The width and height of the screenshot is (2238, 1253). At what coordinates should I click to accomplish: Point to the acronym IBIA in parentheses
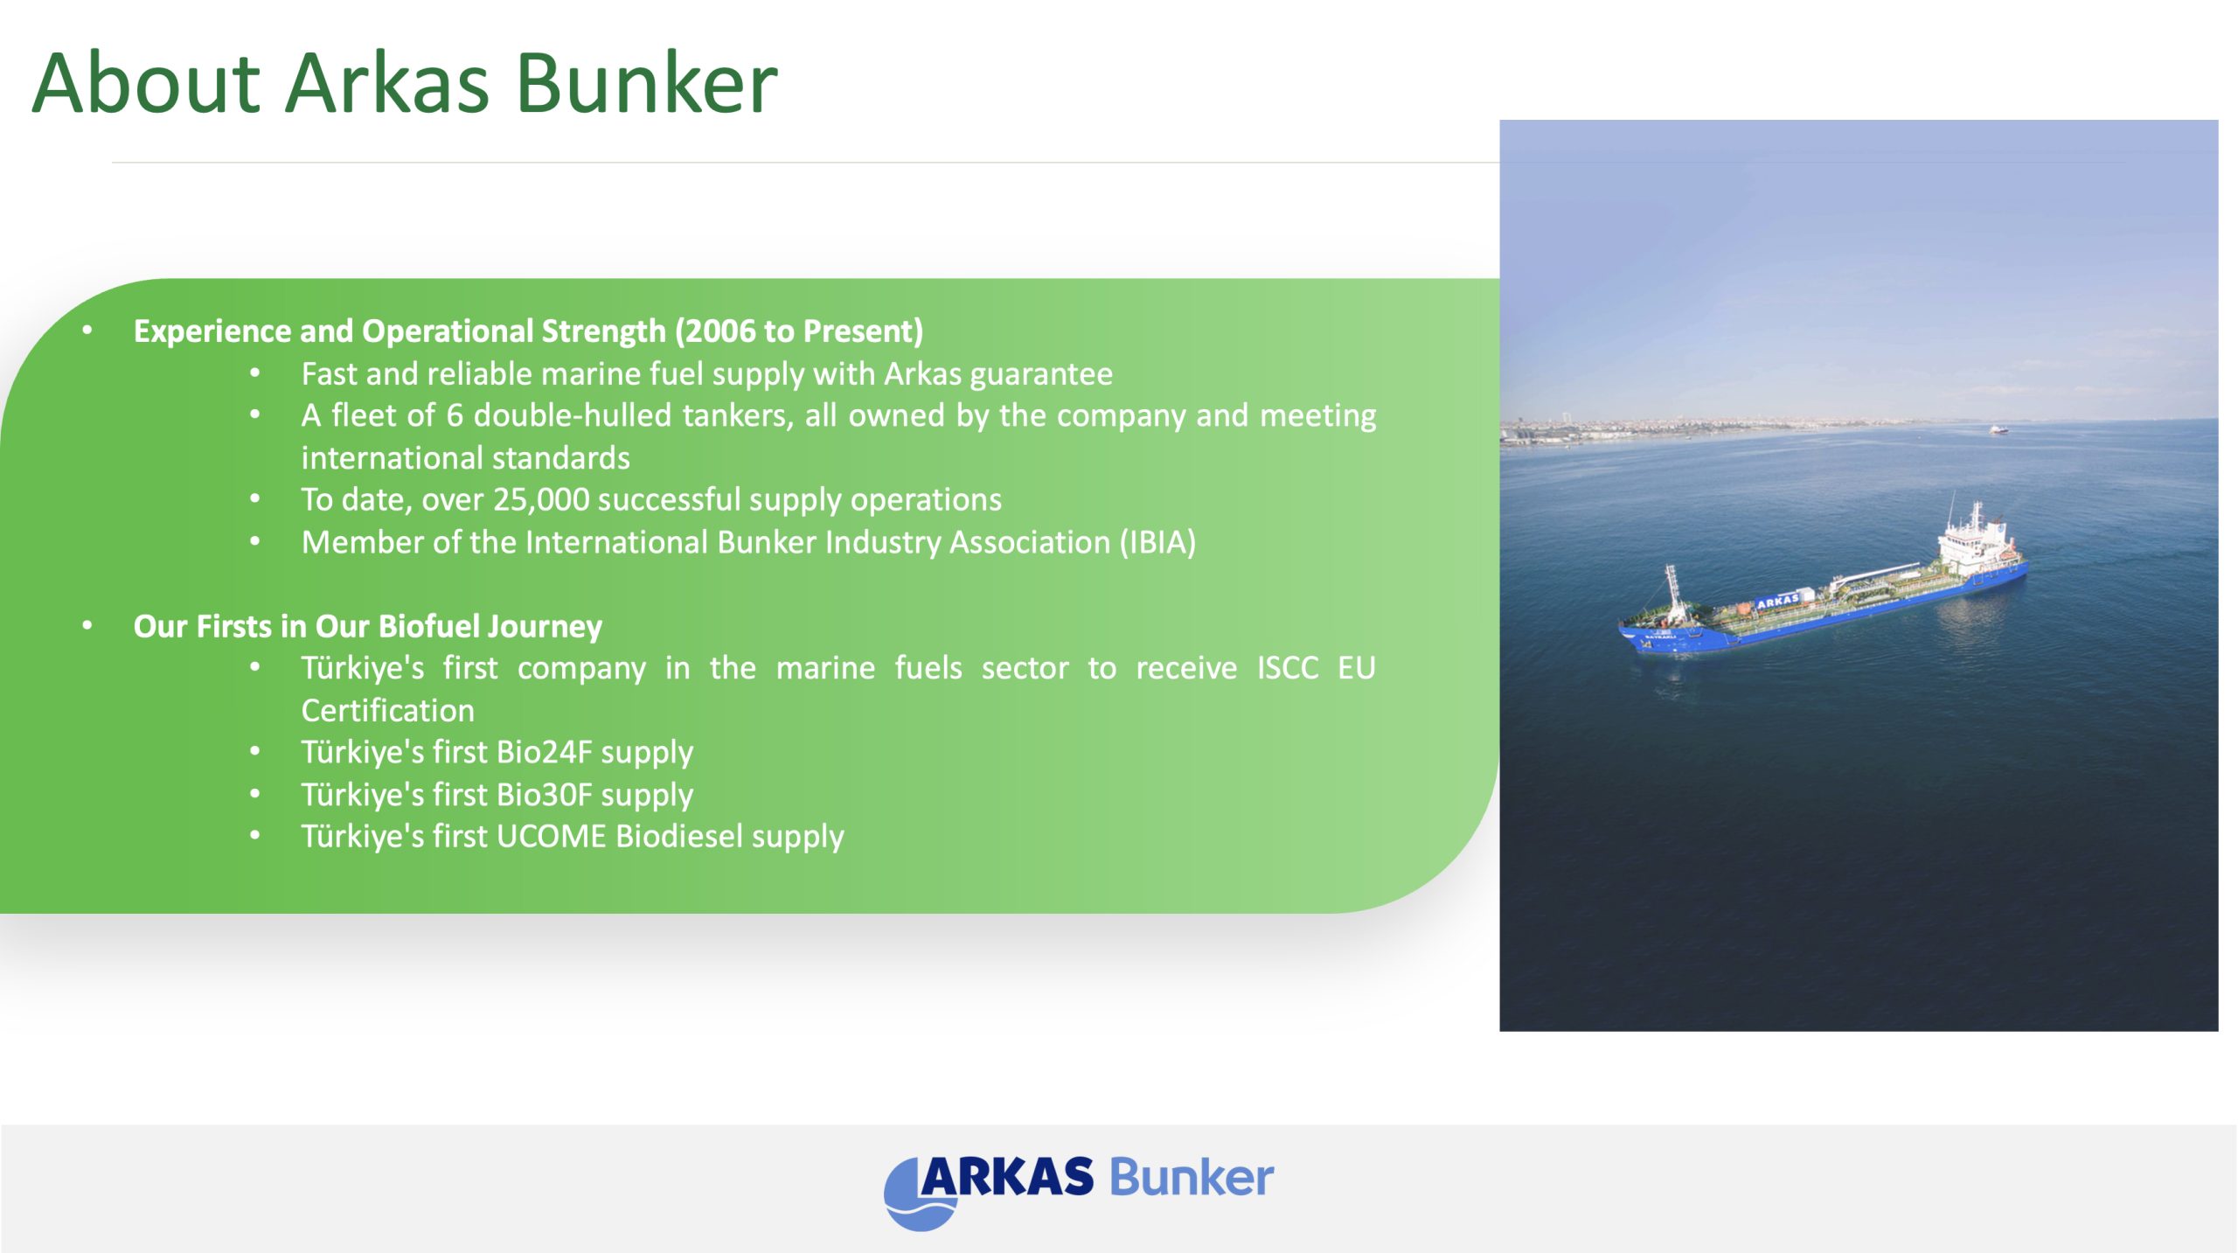tap(1157, 542)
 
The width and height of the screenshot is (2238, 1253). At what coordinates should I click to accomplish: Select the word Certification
tap(387, 710)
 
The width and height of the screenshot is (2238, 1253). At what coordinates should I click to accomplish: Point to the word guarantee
tap(1041, 374)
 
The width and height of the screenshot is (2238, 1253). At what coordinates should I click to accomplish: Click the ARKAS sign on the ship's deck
tap(1778, 601)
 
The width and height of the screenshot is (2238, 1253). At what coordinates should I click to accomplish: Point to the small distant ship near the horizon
tap(1998, 428)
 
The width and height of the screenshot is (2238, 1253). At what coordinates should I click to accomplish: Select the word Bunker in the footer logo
tap(1192, 1178)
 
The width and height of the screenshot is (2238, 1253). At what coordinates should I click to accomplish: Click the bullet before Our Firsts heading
tap(87, 626)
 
